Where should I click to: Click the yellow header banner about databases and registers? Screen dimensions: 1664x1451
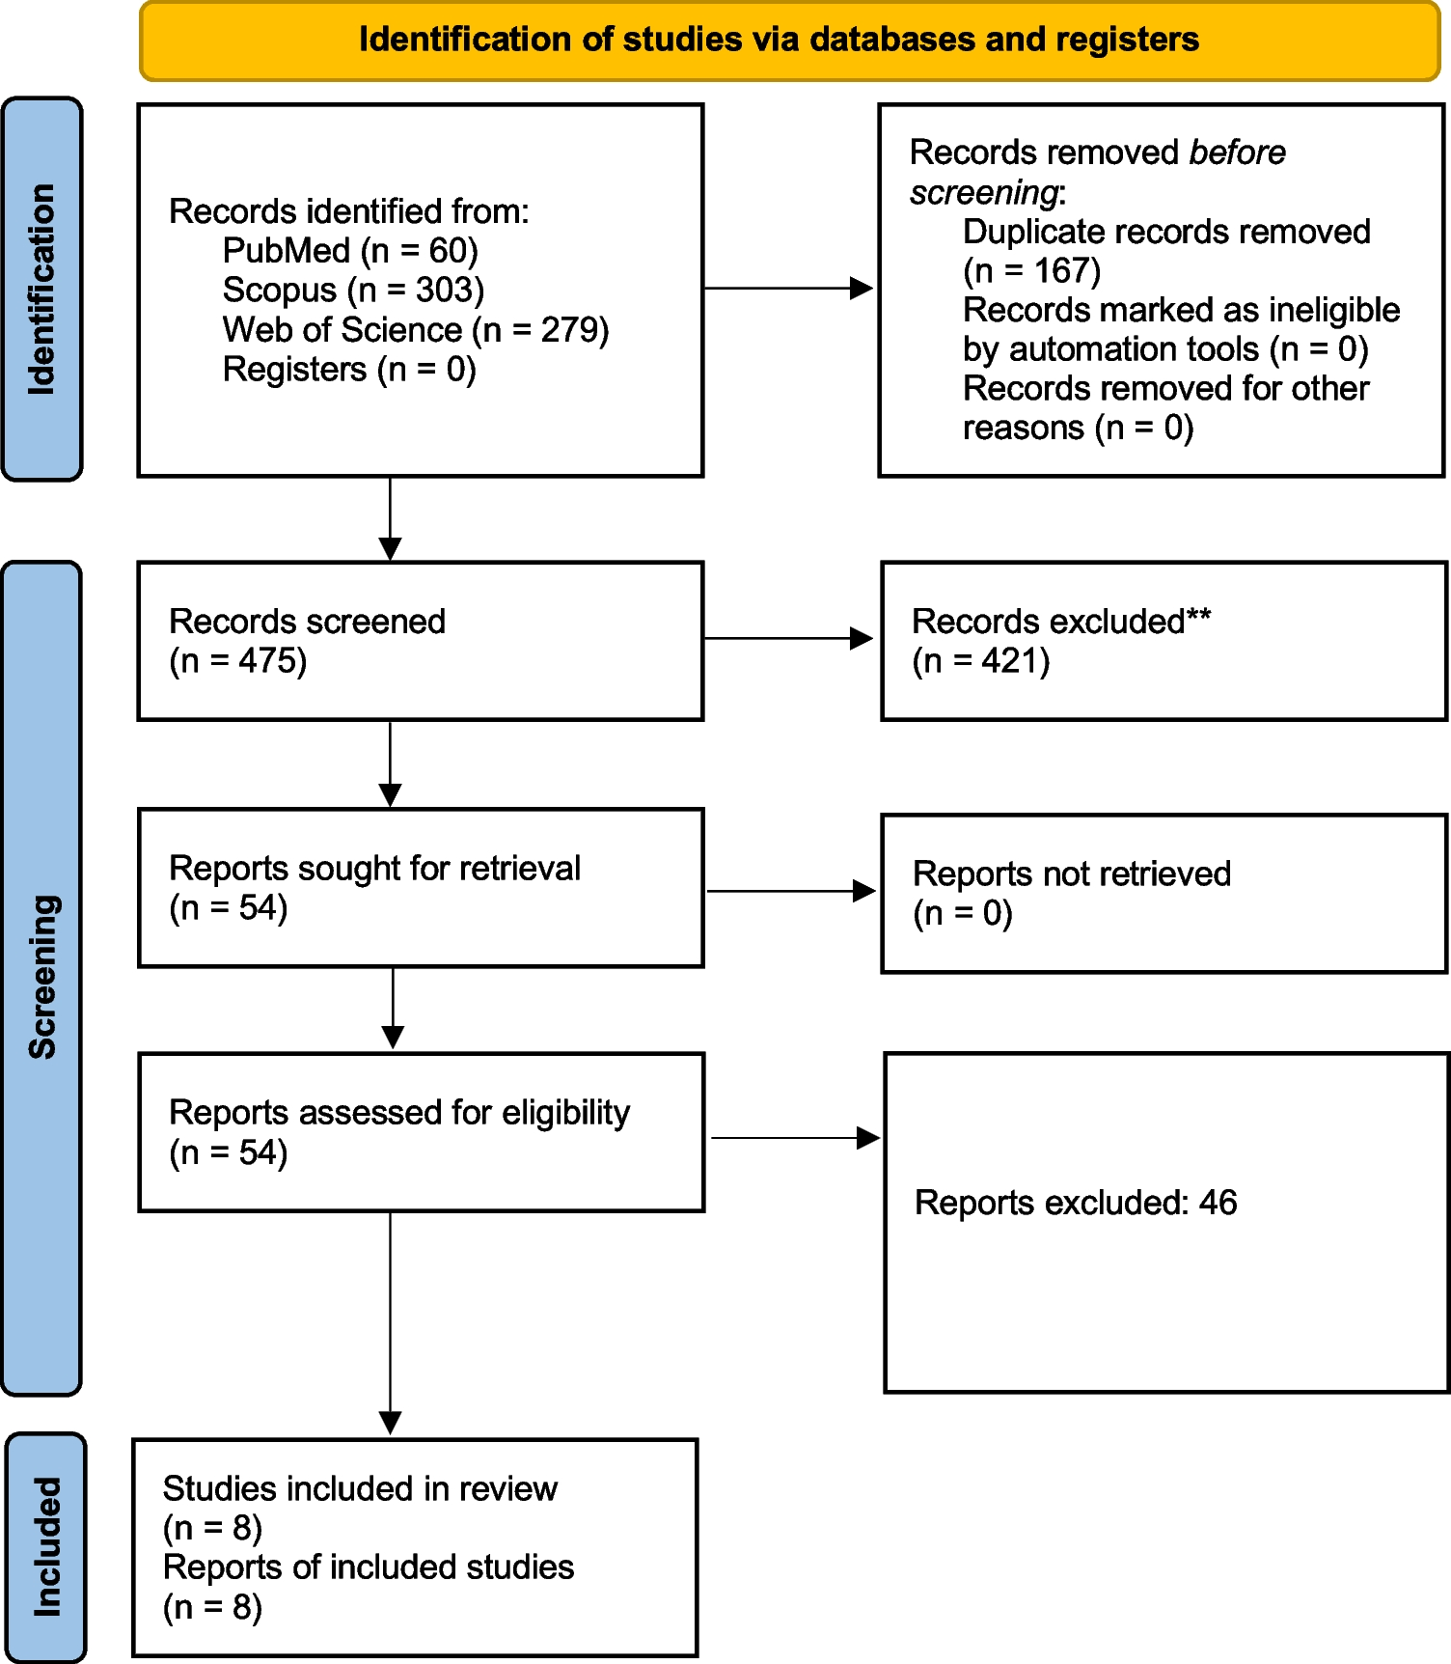789,41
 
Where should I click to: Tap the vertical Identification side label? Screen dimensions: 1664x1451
41,289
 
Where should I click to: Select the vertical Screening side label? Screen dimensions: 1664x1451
41,977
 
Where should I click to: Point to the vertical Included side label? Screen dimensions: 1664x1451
45,1546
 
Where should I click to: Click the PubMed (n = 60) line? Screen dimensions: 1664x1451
350,251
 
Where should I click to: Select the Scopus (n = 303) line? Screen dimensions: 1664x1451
353,291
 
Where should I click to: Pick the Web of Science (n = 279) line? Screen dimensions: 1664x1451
416,330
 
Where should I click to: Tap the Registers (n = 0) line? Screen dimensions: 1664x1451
349,370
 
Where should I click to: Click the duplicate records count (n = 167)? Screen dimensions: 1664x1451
1031,271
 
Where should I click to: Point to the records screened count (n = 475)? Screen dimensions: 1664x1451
237,662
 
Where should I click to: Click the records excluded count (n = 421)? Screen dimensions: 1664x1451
980,662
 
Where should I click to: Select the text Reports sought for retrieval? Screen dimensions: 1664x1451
374,869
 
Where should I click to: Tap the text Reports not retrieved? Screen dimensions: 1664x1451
1071,874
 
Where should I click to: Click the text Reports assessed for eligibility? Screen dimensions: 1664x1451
399,1113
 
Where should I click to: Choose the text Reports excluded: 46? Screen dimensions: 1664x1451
1075,1203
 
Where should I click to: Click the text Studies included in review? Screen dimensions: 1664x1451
360,1489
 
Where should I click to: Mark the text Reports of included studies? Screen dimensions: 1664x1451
369,1567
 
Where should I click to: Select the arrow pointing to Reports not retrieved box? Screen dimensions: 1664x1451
790,891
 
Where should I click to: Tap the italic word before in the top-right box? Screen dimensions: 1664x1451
1237,153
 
